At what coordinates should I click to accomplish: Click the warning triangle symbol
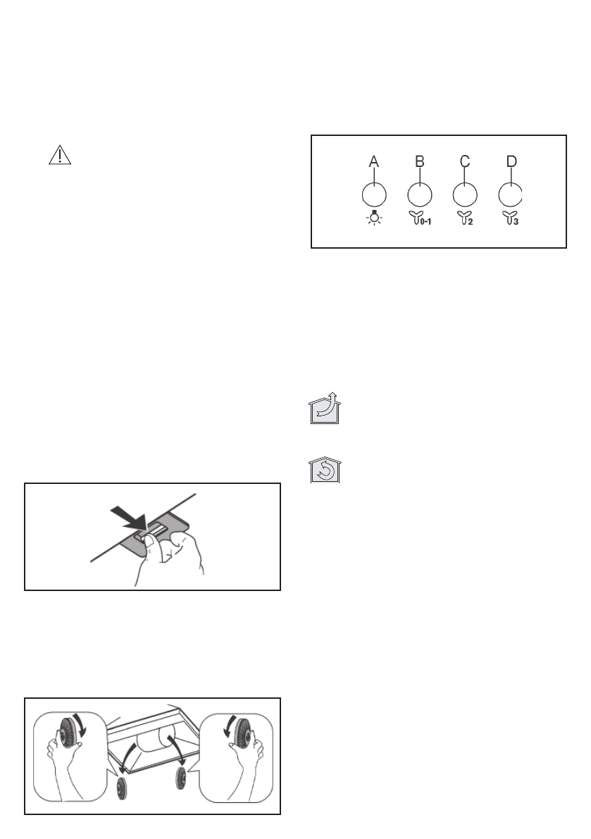[x=61, y=156]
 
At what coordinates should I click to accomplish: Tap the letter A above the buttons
[x=374, y=162]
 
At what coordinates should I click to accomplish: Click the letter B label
[x=419, y=162]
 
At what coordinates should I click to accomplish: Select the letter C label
[x=465, y=162]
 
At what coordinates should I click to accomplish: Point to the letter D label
[x=511, y=162]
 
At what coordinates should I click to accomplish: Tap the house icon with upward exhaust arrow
[x=323, y=409]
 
